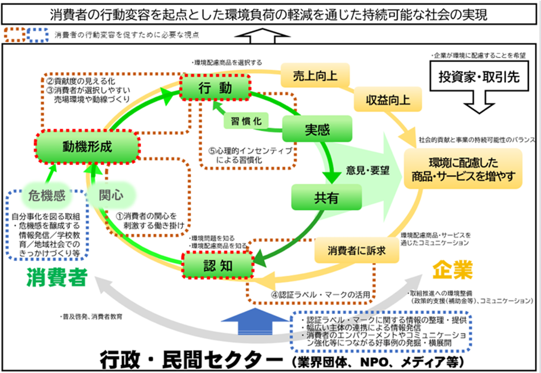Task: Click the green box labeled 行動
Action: (x=213, y=89)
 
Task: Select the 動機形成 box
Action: (x=87, y=145)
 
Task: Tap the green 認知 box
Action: (x=218, y=264)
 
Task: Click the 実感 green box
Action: (x=317, y=129)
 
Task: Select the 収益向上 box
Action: (x=383, y=99)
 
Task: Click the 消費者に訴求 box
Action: (x=356, y=252)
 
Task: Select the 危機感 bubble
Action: (x=46, y=194)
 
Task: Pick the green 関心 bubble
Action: (x=111, y=194)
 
